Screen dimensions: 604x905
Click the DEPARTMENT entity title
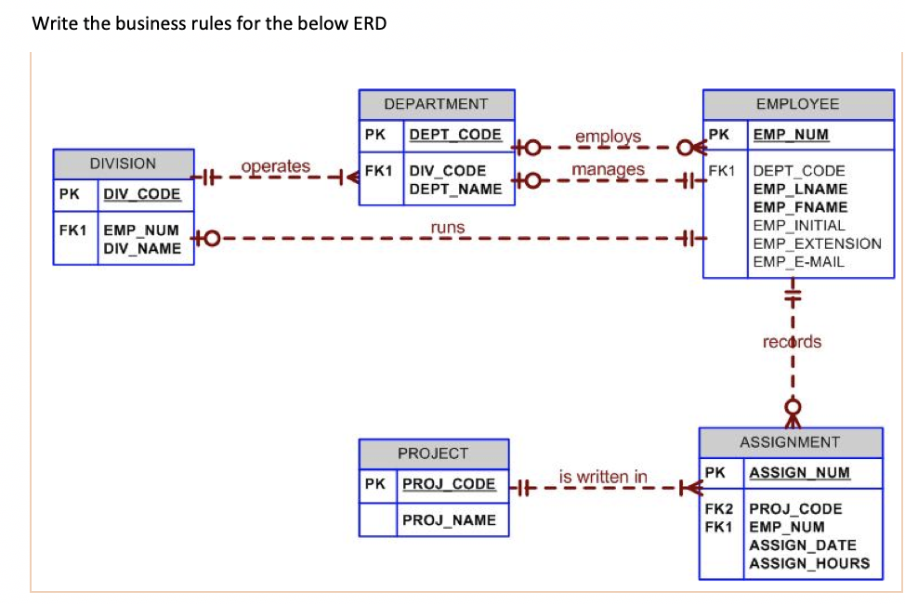435,104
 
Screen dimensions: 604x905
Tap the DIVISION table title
123,164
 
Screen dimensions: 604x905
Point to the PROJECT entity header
433,453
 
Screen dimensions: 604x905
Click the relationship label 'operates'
275,166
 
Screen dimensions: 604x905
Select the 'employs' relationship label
608,137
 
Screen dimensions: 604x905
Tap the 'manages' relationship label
608,169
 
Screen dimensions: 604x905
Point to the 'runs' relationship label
448,227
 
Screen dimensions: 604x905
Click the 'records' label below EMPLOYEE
792,341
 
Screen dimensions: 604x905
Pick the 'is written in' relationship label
603,477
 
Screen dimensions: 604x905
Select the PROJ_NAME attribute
449,520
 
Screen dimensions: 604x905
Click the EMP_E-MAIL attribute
798,261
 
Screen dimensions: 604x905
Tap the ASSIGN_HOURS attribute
809,562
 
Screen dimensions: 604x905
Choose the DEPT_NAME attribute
455,189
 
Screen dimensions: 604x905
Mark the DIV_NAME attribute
142,248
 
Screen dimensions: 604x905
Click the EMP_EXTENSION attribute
817,243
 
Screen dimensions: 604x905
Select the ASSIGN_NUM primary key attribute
799,472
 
